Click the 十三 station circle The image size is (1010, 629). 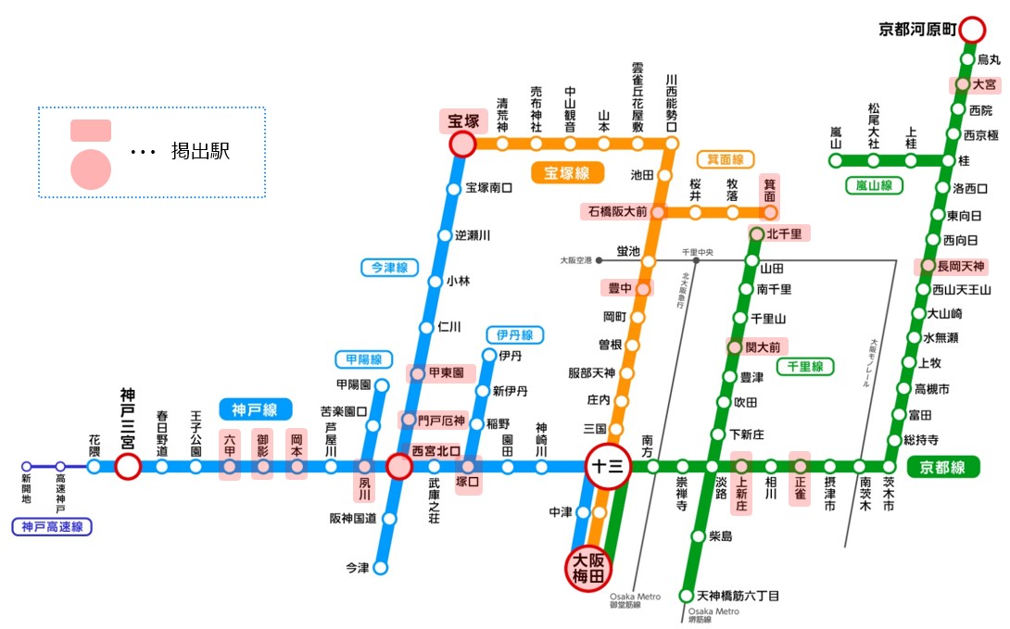(x=608, y=466)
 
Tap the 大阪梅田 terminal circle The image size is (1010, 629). (x=589, y=567)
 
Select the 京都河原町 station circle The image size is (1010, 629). (x=972, y=30)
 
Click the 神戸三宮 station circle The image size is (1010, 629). (x=128, y=466)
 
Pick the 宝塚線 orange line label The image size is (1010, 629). (x=567, y=172)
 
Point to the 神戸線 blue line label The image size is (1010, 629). (x=256, y=409)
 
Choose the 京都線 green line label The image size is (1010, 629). (x=942, y=466)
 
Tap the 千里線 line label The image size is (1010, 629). (x=804, y=367)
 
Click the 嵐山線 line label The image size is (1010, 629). (x=874, y=185)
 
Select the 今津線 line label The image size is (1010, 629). (x=389, y=268)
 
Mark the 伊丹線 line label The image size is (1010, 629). (x=514, y=334)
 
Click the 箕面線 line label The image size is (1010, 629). (x=726, y=158)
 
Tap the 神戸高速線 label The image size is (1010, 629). (x=52, y=528)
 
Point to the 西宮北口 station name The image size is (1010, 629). (x=435, y=449)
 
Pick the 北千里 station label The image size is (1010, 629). (x=784, y=233)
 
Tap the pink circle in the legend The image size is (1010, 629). (x=91, y=169)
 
